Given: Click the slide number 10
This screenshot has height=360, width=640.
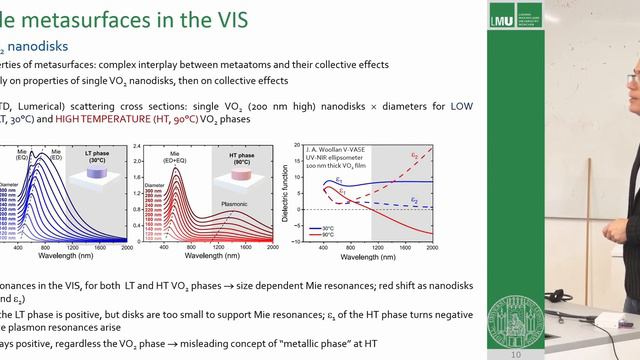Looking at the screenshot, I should click(515, 354).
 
